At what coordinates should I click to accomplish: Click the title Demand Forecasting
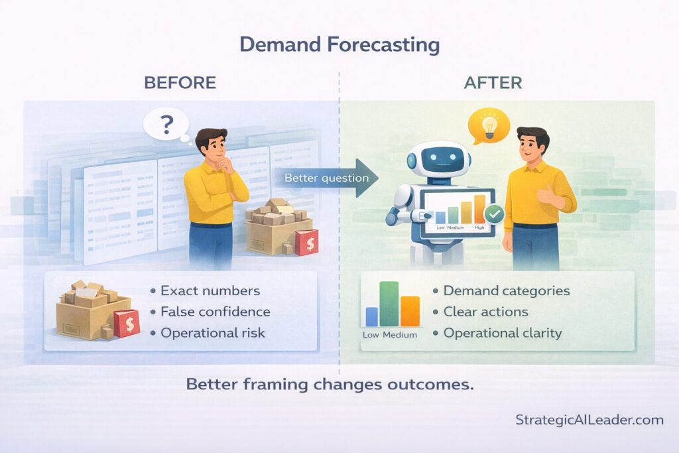[x=339, y=45]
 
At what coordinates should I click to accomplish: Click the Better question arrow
[x=328, y=178]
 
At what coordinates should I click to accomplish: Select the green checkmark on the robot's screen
[x=494, y=214]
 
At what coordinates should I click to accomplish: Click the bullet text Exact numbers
[x=210, y=291]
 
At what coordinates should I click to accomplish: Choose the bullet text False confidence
[x=215, y=312]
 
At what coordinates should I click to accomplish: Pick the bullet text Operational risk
[x=212, y=333]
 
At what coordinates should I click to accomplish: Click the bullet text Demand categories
[x=506, y=291]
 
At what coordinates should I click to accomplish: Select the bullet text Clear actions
[x=485, y=312]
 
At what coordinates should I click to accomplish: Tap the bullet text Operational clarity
[x=502, y=333]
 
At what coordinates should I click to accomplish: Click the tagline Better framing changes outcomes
[x=330, y=385]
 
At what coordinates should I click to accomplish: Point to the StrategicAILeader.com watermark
[x=589, y=420]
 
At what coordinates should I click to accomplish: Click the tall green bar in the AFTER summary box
[x=389, y=304]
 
